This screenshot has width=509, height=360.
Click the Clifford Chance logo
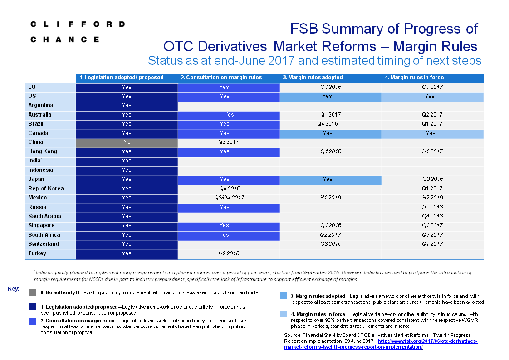click(78, 32)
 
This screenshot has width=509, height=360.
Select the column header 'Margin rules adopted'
click(313, 78)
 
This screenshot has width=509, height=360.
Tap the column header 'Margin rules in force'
click(414, 78)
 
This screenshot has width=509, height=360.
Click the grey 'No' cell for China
click(127, 142)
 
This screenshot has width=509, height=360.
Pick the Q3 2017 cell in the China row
click(229, 142)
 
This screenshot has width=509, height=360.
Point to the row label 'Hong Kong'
click(43, 151)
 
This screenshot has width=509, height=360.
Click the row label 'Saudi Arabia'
click(44, 216)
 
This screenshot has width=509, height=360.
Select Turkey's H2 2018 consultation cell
click(229, 253)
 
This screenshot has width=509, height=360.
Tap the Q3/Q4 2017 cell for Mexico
click(229, 198)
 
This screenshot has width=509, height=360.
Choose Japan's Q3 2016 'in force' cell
click(433, 179)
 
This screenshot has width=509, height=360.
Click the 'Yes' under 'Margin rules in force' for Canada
click(431, 133)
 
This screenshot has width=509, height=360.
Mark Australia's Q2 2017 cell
click(432, 115)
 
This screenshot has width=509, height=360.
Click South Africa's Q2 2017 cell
click(330, 235)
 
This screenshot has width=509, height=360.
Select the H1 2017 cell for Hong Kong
click(432, 151)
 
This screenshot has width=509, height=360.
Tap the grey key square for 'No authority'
click(33, 292)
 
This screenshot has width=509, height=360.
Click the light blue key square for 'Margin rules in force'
click(284, 314)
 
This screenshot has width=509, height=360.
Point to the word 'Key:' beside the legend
click(14, 289)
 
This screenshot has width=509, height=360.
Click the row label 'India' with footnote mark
click(35, 161)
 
